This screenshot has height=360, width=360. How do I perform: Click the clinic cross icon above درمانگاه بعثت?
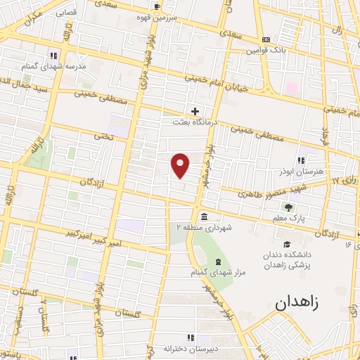(x=195, y=111)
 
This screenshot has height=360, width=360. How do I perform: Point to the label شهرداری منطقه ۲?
(x=203, y=228)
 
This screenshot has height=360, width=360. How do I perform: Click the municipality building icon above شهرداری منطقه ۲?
(x=203, y=216)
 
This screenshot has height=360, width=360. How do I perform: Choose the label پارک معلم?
(x=289, y=219)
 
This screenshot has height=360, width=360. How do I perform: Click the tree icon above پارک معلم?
(x=289, y=207)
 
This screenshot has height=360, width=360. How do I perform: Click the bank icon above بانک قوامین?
(x=265, y=40)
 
